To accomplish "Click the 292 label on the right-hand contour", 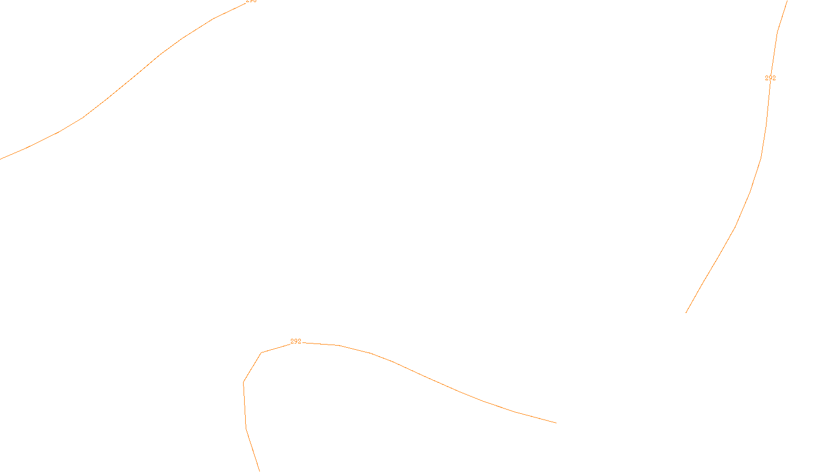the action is click(770, 78).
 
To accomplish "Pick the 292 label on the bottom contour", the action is click(296, 341).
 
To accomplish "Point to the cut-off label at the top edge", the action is click(251, 1).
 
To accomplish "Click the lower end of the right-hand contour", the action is click(686, 313).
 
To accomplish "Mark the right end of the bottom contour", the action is click(556, 423).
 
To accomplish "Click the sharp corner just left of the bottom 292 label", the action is click(261, 353).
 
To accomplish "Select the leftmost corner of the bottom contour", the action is click(244, 382).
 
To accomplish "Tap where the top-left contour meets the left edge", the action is click(1, 159).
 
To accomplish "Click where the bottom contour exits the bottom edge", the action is click(259, 471).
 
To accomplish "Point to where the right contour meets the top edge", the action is click(787, 1).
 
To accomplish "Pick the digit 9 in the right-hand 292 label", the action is click(770, 78).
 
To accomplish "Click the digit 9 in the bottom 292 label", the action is click(296, 341).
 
